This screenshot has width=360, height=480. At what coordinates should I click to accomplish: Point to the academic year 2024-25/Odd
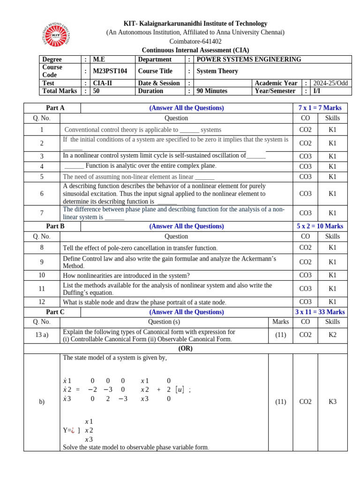point(331,83)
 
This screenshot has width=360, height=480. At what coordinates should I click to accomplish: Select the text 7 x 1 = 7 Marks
point(320,108)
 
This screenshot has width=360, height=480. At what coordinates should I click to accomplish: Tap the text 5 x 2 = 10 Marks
point(320,226)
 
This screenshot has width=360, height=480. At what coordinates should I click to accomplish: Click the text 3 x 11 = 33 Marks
point(320,312)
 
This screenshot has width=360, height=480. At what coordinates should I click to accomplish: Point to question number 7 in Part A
point(42,213)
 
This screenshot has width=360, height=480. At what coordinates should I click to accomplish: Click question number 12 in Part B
point(42,302)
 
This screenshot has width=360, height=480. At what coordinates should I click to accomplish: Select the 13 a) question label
point(42,335)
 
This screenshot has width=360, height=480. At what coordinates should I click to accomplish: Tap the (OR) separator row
point(186,349)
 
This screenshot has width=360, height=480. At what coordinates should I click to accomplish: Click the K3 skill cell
point(332,402)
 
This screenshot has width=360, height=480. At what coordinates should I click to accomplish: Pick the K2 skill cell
point(332,335)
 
